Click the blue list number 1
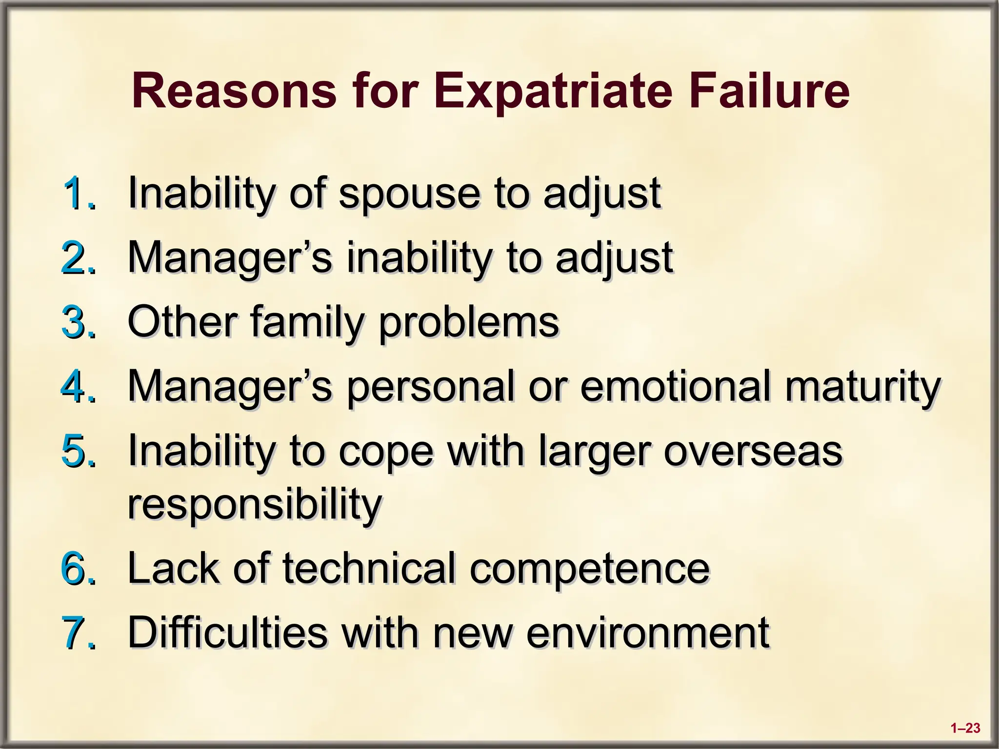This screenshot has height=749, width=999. point(78,194)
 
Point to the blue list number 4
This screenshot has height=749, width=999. point(78,387)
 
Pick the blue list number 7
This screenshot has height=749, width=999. point(78,632)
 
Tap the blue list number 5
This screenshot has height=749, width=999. point(78,451)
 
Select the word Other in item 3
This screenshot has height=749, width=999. point(182,322)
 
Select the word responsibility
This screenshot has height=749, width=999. point(255,505)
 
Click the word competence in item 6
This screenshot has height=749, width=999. point(589,570)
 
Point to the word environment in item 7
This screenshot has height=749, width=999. point(648,633)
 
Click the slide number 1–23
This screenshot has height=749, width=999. point(965,729)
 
